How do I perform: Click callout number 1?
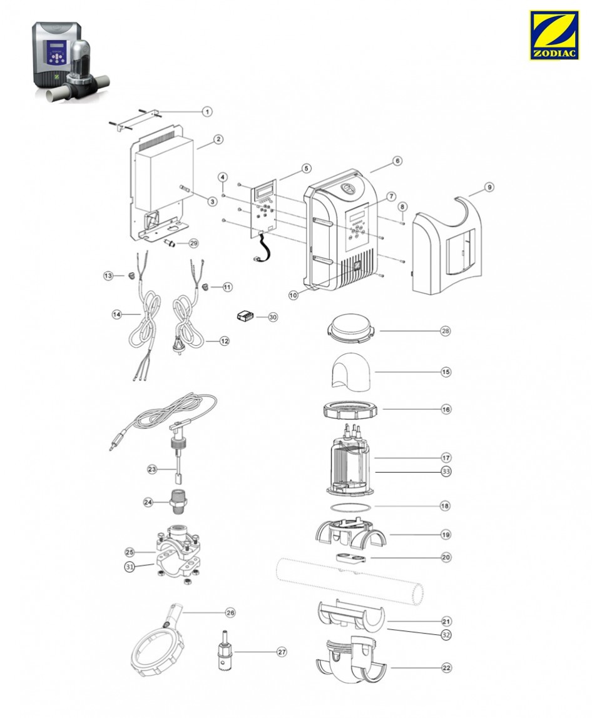pos(207,112)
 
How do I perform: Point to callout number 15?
pos(446,372)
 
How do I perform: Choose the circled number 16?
pos(446,410)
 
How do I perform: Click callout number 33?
pos(446,470)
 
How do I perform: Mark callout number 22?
pos(446,668)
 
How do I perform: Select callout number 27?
pos(282,652)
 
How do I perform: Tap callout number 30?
pos(272,317)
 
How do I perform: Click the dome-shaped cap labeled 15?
pos(350,370)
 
